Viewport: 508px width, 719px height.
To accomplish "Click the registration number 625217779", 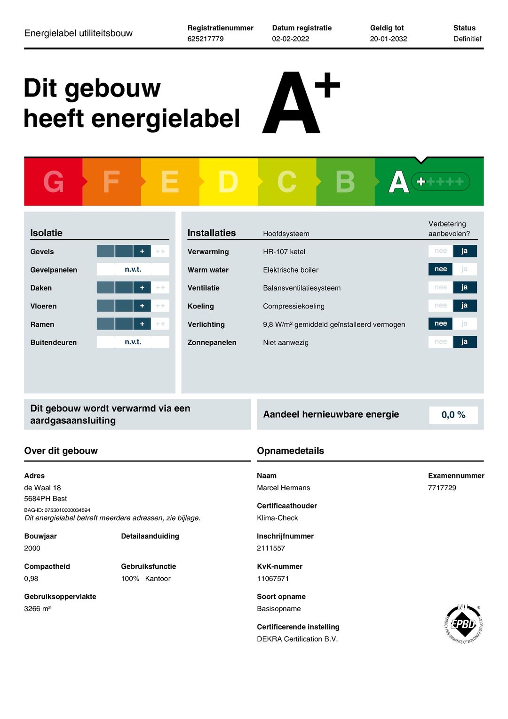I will tap(206, 39).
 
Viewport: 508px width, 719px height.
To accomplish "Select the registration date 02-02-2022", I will tap(290, 39).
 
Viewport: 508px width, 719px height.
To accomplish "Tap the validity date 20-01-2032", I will tap(388, 39).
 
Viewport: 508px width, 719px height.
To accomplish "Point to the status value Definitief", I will tap(467, 39).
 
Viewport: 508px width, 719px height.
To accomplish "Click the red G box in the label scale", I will tap(53, 182).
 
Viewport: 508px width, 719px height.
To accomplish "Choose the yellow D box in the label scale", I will tap(228, 182).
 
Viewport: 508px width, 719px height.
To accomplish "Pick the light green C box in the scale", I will tap(286, 182).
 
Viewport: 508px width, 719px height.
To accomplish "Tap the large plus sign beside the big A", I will tap(327, 86).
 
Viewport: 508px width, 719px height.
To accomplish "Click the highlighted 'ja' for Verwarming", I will tap(465, 251).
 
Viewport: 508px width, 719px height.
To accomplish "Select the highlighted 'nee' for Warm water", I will tap(440, 269).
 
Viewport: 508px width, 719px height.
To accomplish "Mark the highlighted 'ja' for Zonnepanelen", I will tap(465, 342).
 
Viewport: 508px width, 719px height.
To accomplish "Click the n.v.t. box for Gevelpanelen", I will tap(133, 269).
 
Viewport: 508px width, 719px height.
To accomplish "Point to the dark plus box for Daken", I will tap(142, 287).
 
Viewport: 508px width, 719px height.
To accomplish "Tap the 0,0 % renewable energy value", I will tap(453, 415).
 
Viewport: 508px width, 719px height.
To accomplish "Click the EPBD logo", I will tap(463, 624).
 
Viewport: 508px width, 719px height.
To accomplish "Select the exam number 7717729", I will tap(442, 488).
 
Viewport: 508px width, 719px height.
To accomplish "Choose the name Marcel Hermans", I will tap(283, 488).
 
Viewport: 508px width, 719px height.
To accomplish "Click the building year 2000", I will tap(32, 548).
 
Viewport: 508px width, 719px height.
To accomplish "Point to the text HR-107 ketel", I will tap(284, 251).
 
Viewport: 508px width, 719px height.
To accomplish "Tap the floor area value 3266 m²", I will tap(37, 609).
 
